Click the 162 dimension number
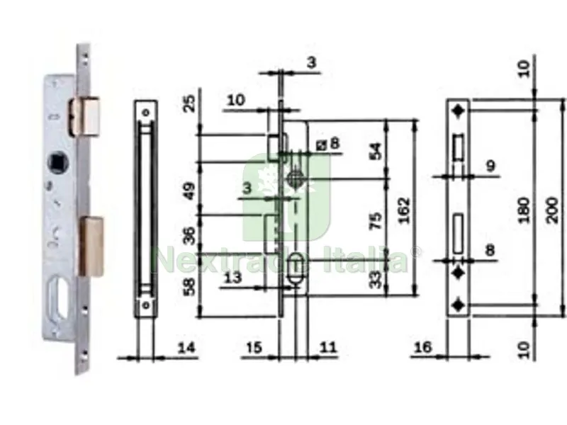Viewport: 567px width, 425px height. (404, 210)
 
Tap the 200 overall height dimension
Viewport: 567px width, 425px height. (552, 210)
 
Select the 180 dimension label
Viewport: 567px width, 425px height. (523, 210)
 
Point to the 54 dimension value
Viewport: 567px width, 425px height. (376, 152)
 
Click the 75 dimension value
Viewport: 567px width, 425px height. (376, 221)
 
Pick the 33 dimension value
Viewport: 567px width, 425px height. (376, 280)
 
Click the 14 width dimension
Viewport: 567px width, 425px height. (186, 348)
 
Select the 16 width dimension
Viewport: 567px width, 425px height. (422, 348)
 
